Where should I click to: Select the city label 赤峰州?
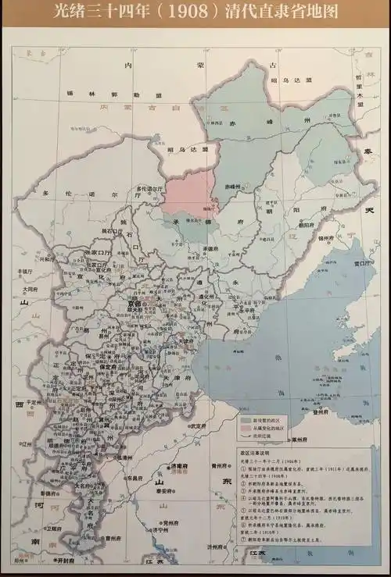pyautogui.click(x=232, y=187)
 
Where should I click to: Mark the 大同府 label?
pyautogui.click(x=30, y=288)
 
